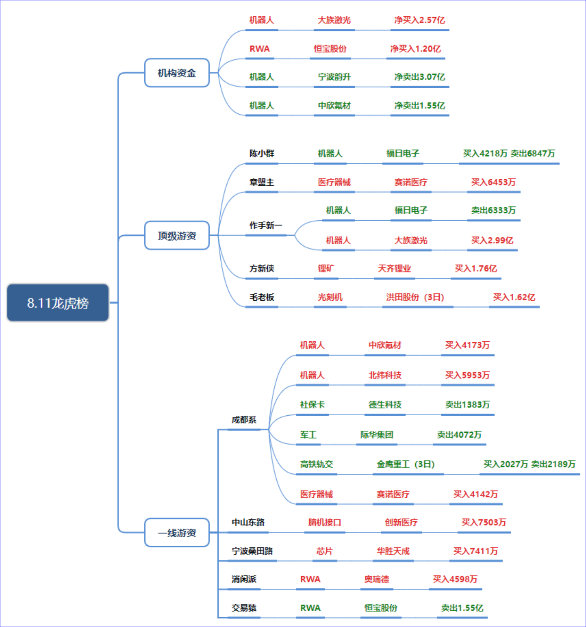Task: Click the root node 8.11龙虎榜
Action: [58, 303]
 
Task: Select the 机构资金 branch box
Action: [177, 73]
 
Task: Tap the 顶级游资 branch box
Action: [177, 235]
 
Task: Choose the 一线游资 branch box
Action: [177, 533]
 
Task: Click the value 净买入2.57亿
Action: [420, 20]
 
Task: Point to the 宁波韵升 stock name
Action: [334, 77]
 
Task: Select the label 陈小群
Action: [262, 154]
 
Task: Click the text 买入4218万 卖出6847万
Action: [509, 154]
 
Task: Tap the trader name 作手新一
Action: [266, 225]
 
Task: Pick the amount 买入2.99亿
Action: [492, 240]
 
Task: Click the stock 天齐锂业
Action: [394, 269]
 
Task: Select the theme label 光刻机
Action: [330, 297]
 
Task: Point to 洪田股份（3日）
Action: [415, 297]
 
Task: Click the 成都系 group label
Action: [244, 420]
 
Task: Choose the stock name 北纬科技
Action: [385, 375]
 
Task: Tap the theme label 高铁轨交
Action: [317, 464]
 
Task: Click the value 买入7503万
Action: [484, 522]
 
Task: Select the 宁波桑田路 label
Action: [252, 551]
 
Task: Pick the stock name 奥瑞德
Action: [377, 579]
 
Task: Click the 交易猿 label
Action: [244, 608]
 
